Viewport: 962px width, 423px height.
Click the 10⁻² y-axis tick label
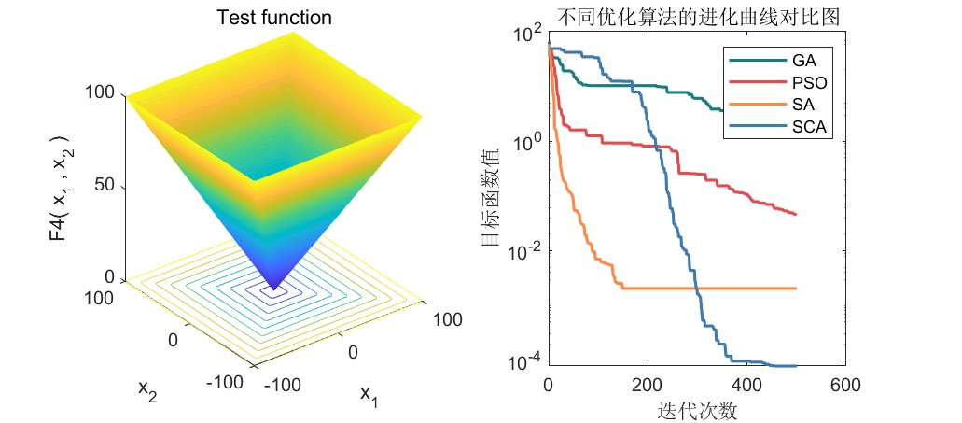[x=524, y=251]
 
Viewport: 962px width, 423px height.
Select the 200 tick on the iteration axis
[x=647, y=386]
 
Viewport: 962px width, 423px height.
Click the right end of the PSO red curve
[x=796, y=215]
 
